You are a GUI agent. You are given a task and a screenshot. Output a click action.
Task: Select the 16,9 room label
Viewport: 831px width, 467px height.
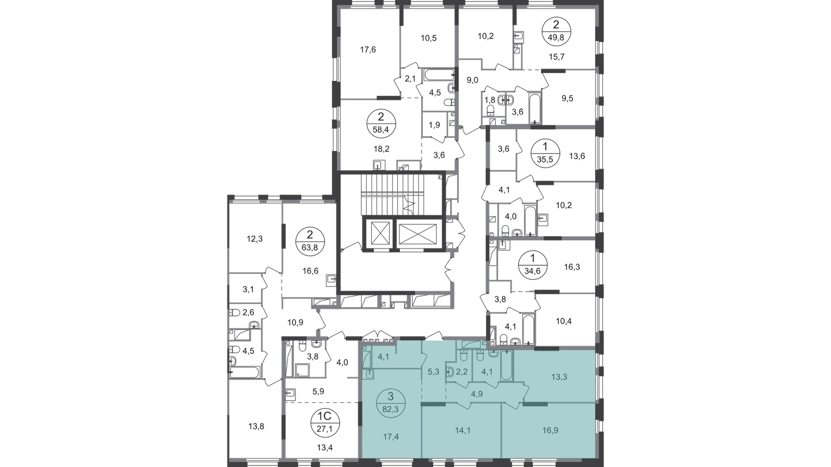[x=552, y=430]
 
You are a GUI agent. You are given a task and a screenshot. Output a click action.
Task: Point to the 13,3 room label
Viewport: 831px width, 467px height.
[x=559, y=377]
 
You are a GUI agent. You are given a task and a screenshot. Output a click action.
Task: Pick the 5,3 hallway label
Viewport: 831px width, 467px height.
[x=434, y=372]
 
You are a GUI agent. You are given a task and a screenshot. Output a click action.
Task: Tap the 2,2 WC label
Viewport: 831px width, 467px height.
[x=462, y=372]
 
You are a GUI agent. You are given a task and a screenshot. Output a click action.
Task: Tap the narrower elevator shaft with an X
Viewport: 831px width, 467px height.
[x=380, y=235]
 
